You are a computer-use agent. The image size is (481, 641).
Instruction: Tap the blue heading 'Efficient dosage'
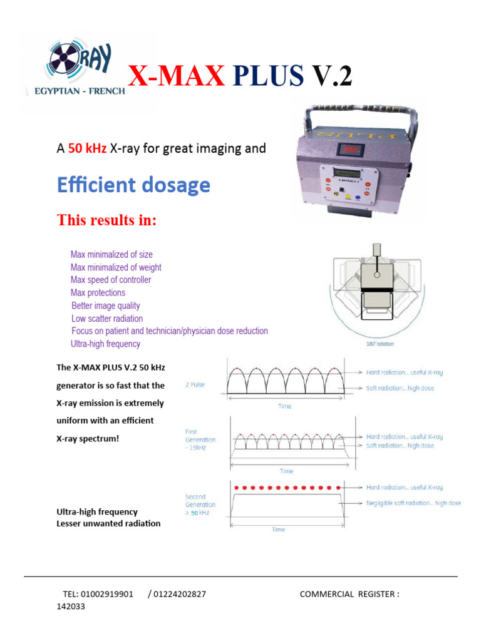click(133, 185)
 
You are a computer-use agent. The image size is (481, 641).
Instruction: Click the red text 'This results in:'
click(106, 220)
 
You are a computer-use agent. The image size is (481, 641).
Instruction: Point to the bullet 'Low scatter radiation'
click(107, 319)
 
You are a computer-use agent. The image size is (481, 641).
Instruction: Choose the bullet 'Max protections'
click(98, 293)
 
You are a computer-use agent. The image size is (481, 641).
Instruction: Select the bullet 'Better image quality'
click(106, 306)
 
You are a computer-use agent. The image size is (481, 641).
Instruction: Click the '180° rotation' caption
click(380, 343)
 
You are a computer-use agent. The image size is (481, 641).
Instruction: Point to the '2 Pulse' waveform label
click(195, 384)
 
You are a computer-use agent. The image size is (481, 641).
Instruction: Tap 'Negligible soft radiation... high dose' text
click(413, 503)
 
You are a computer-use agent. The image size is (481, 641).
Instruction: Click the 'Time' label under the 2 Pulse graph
click(285, 406)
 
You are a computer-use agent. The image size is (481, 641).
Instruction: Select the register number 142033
click(71, 607)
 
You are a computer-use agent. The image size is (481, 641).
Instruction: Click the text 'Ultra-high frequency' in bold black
click(97, 512)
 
